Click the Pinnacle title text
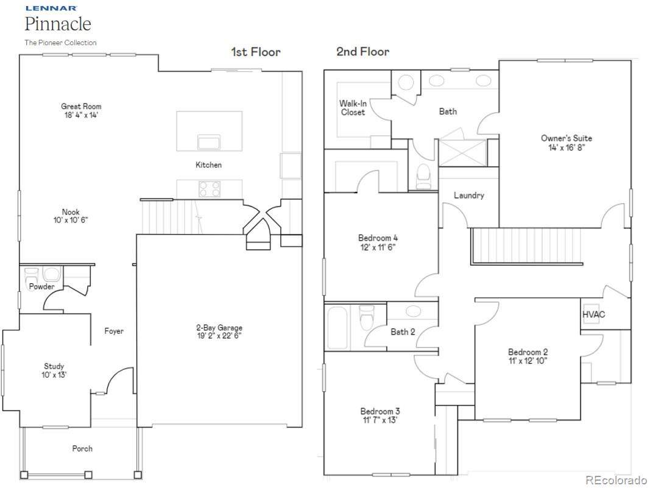point(58,24)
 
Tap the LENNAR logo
point(51,8)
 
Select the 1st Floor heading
point(256,52)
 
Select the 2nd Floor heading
point(362,51)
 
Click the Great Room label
point(81,107)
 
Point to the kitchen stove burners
point(210,189)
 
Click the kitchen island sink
point(210,142)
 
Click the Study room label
point(54,366)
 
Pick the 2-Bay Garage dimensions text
point(219,336)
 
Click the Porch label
point(82,448)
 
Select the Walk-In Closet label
point(353,108)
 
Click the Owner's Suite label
point(567,138)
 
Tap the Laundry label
point(469,196)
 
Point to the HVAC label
point(593,314)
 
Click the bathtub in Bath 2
point(337,328)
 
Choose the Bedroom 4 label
point(378,238)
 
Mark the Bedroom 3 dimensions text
point(380,420)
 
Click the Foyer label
point(114,331)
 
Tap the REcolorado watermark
point(616,480)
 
